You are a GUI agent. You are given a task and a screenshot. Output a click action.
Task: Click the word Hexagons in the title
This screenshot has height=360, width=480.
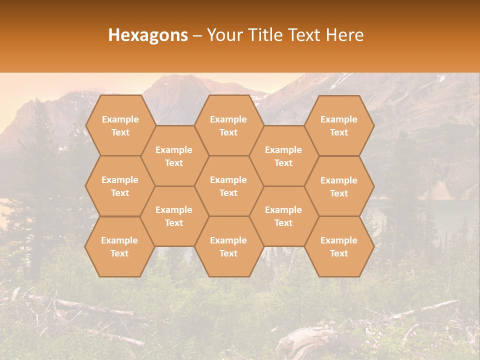pos(148,35)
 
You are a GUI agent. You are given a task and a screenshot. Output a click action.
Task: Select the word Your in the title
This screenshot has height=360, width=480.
pos(223,35)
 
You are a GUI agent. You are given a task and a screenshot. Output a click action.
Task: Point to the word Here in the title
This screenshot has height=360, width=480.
pos(345,35)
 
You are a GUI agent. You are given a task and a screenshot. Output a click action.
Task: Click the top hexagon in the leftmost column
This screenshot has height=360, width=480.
pos(120,125)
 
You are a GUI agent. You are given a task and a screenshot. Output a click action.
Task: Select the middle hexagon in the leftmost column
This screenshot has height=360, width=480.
pos(120,186)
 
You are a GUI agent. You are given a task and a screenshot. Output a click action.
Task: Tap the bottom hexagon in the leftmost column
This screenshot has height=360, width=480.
pos(119,246)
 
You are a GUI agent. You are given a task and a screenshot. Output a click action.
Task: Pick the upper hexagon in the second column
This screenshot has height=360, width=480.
pos(174,156)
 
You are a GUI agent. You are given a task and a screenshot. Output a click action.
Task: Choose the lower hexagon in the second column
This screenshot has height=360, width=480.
pos(174,216)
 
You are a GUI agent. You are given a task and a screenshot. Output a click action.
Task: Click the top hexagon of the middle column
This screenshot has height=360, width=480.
pos(228,125)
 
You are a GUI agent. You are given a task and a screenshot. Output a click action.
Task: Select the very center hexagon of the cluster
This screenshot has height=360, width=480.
pos(228,186)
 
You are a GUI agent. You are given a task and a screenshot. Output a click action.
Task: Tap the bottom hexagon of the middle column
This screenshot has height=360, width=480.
pos(228,246)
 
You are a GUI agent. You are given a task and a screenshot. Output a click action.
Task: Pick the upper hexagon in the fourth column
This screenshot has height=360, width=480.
pos(283,156)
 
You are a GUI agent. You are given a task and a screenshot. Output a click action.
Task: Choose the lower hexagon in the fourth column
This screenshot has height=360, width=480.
pos(283,216)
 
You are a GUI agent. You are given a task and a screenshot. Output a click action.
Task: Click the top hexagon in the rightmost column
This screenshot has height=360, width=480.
pos(339,125)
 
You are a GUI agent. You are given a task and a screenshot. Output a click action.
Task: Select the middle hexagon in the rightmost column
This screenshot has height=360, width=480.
pos(339,186)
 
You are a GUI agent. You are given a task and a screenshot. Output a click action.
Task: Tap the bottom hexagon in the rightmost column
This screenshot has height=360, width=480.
pos(339,246)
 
